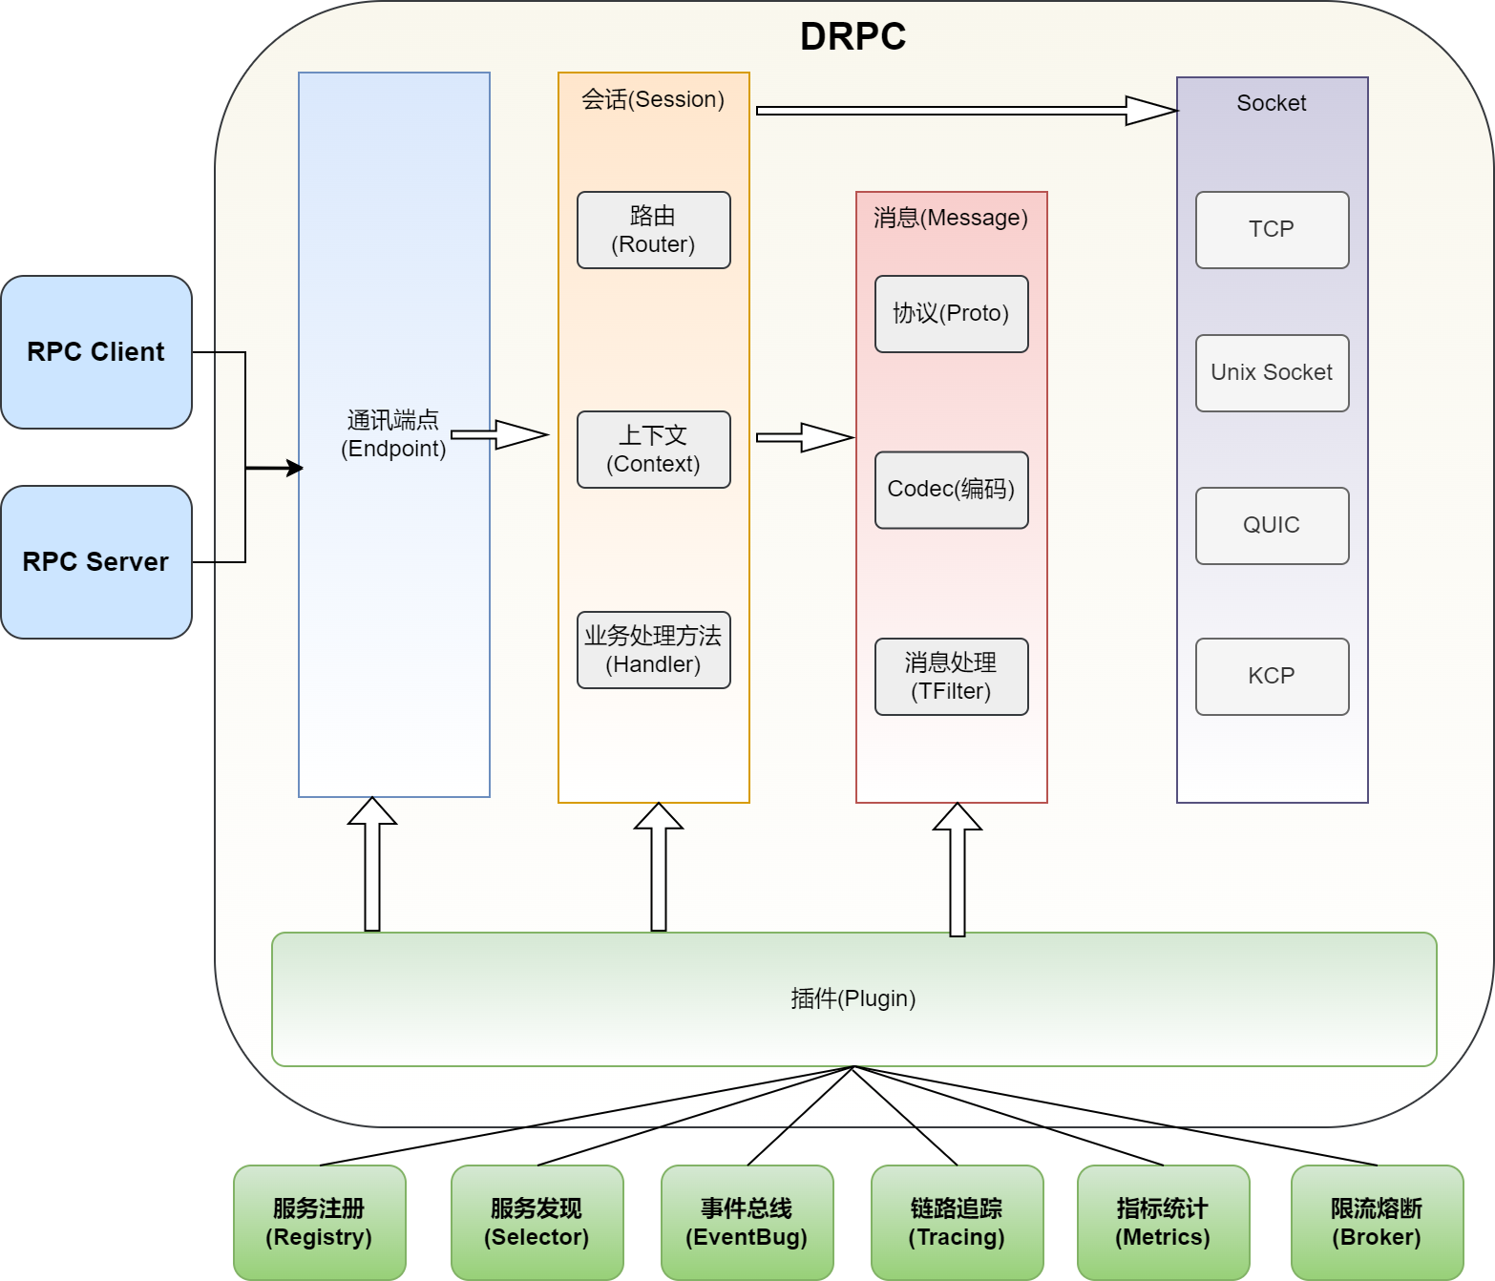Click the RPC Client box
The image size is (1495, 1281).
point(96,352)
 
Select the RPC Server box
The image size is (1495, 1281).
point(96,562)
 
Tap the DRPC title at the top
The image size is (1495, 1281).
point(853,36)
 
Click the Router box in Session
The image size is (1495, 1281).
point(654,230)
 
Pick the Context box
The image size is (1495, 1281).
point(654,450)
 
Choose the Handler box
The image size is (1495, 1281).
point(654,650)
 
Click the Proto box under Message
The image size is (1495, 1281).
point(951,314)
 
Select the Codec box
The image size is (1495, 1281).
point(951,491)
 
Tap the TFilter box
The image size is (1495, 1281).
point(951,677)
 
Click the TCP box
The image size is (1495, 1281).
point(1273,230)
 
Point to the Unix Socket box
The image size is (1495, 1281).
point(1273,373)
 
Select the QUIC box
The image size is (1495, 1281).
point(1273,526)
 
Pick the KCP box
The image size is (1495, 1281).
point(1273,677)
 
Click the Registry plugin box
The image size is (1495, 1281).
point(320,1223)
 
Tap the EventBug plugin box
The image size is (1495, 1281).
point(747,1223)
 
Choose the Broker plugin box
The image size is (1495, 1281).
point(1378,1223)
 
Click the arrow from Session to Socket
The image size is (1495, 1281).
point(968,111)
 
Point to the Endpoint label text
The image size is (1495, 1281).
point(393,434)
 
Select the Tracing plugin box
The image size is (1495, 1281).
point(957,1223)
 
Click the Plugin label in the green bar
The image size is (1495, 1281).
point(853,998)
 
